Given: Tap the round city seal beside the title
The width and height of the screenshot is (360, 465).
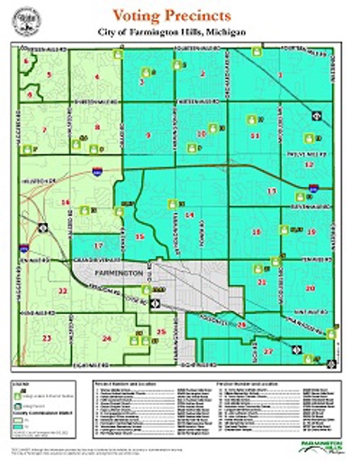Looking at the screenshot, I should tap(35, 20).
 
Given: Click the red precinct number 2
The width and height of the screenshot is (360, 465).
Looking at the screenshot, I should tap(203, 74).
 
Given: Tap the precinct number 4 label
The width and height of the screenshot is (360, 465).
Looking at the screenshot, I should tap(96, 77).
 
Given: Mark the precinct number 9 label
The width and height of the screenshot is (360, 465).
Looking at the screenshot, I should tap(148, 135).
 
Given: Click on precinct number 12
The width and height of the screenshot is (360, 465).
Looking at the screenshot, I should tap(310, 165).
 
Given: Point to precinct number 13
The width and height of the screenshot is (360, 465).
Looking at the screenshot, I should tap(271, 191).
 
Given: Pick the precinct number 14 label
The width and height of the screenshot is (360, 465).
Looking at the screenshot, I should tap(189, 216).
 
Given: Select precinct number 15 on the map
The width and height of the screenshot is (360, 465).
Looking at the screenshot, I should tap(139, 237).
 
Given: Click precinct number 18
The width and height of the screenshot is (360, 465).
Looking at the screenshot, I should tap(256, 232).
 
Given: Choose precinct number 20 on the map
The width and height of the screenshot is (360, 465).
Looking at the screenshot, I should tap(310, 289).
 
